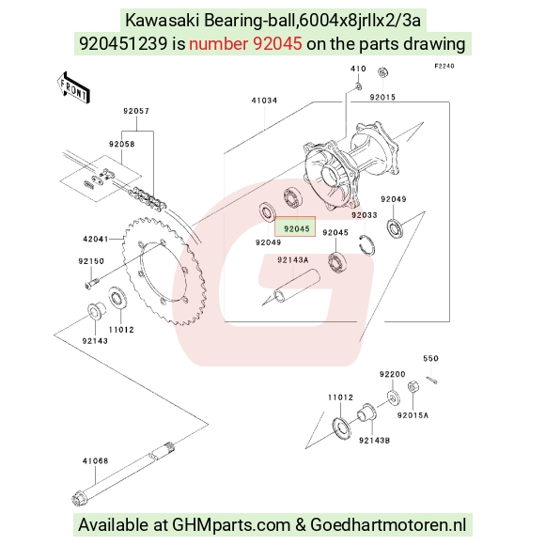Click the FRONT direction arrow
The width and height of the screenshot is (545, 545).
[73, 88]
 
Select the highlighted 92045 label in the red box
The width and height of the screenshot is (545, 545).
[296, 228]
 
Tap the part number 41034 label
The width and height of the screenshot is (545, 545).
[264, 101]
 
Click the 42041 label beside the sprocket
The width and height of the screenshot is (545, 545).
[96, 239]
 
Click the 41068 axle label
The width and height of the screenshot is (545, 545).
[95, 460]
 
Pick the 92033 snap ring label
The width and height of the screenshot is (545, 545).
[365, 215]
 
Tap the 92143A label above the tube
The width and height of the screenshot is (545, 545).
[292, 260]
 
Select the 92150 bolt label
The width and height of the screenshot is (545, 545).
[91, 261]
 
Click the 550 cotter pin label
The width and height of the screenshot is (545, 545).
[430, 358]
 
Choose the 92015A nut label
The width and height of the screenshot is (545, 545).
[413, 415]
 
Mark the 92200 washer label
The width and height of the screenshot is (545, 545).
[393, 374]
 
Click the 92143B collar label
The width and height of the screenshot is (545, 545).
[374, 441]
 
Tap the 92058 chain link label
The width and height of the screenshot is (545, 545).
[121, 144]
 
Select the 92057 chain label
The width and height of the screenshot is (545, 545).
[136, 111]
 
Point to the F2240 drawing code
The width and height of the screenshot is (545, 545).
[444, 66]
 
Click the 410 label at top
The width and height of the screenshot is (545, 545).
[358, 69]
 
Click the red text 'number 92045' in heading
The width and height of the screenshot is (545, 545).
[245, 44]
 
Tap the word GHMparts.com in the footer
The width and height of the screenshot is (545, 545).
[231, 525]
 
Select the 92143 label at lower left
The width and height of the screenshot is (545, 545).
[95, 341]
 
